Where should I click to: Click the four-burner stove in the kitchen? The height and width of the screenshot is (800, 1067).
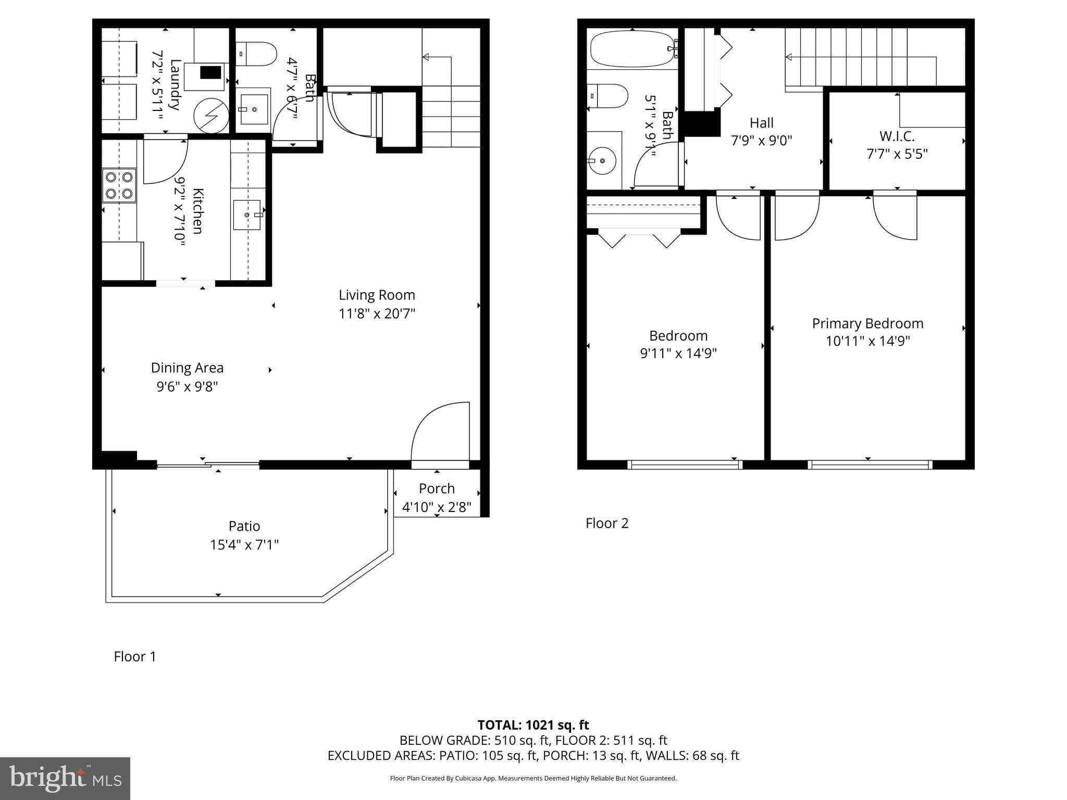click(x=119, y=185)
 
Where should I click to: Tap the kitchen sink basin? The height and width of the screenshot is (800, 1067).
click(x=246, y=215)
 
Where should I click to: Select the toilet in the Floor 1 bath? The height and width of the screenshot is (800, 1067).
click(x=257, y=54)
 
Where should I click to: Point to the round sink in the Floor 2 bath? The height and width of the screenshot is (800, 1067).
click(x=603, y=161)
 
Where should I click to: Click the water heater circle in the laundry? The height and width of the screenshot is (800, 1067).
click(x=211, y=116)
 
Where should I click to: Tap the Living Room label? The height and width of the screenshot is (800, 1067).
click(x=377, y=295)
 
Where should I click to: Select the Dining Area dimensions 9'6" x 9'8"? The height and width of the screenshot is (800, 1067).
click(x=187, y=386)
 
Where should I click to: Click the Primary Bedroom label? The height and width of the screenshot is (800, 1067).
click(x=867, y=323)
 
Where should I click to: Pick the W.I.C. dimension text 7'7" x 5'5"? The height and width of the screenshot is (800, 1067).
click(x=897, y=154)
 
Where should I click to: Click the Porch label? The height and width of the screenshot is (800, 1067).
click(x=437, y=489)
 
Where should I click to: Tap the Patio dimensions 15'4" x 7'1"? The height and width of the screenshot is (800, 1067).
click(x=244, y=545)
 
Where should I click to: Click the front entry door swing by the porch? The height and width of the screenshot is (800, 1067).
click(x=440, y=431)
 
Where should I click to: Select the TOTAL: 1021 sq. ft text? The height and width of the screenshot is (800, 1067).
click(x=533, y=725)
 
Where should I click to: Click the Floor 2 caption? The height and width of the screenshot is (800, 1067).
click(x=607, y=523)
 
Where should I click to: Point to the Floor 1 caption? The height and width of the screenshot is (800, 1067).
click(x=135, y=656)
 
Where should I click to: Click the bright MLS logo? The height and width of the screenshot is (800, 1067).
click(x=65, y=778)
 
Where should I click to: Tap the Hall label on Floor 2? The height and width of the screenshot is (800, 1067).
click(x=761, y=123)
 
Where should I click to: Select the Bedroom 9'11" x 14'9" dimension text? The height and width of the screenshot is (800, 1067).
click(x=678, y=353)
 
